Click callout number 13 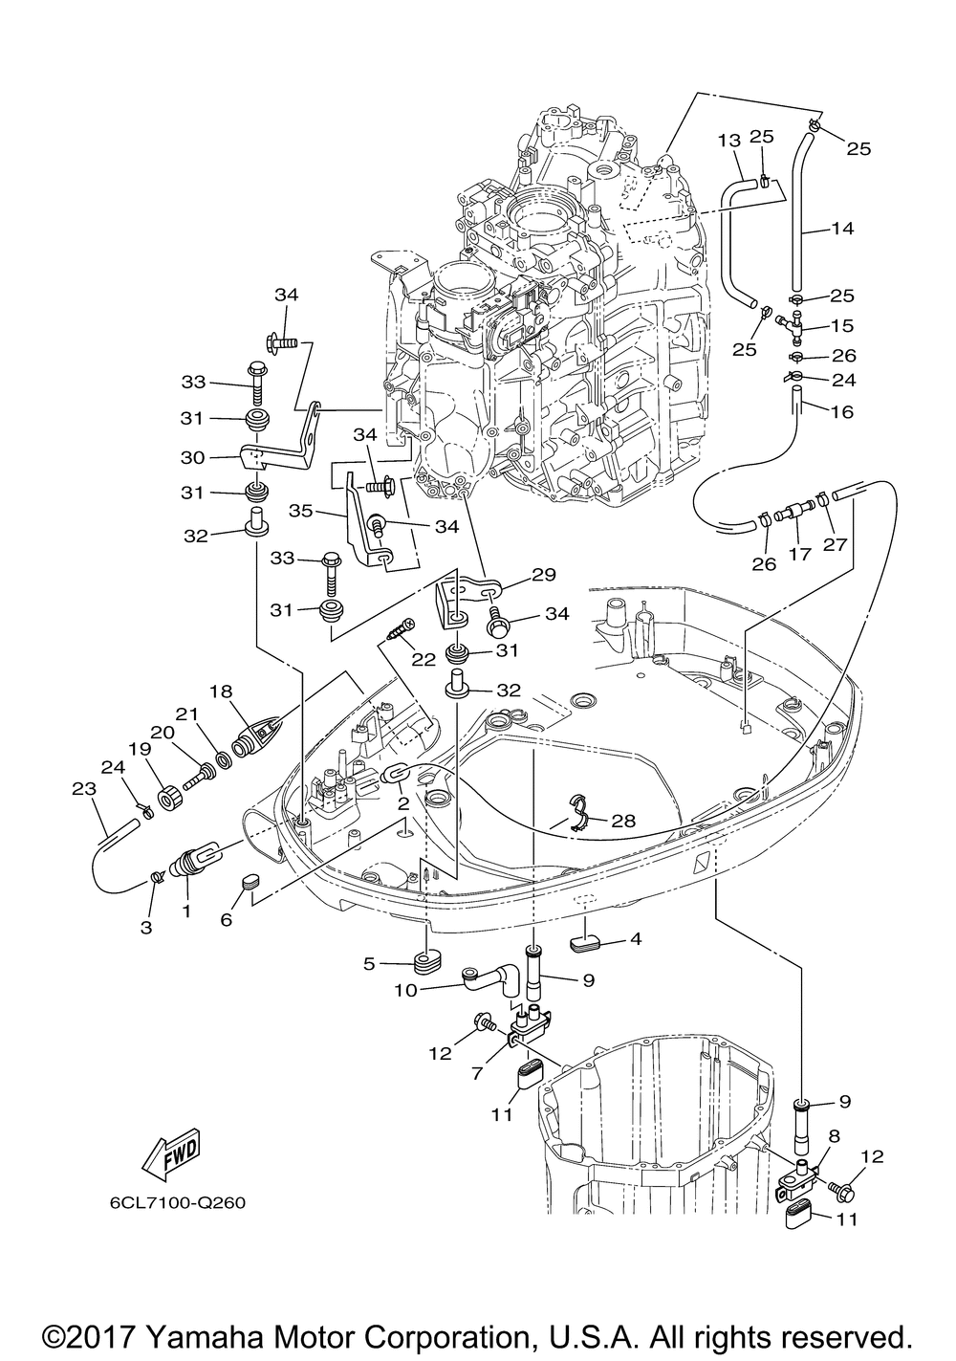pyautogui.click(x=728, y=141)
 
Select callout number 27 pyautogui.click(x=835, y=544)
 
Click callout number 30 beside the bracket pyautogui.click(x=193, y=457)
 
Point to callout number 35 pyautogui.click(x=300, y=511)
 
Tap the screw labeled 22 pyautogui.click(x=400, y=629)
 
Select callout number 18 pyautogui.click(x=222, y=691)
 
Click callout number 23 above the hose pyautogui.click(x=84, y=789)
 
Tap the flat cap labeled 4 pyautogui.click(x=585, y=943)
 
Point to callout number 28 pyautogui.click(x=623, y=822)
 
